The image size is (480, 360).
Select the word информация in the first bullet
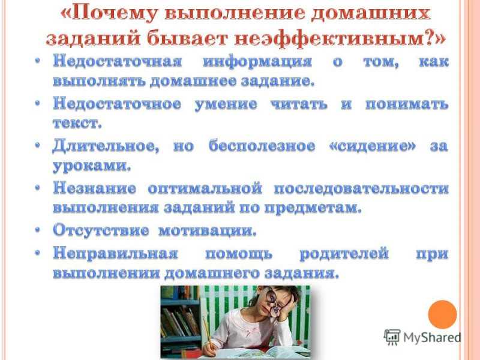(257, 62)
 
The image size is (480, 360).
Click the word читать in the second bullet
(299, 104)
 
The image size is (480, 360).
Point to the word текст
(77, 123)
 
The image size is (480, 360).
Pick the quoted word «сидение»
(373, 146)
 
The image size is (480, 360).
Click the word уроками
(92, 166)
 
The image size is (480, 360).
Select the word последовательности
(361, 188)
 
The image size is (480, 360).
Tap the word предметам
(313, 208)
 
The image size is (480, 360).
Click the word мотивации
(207, 230)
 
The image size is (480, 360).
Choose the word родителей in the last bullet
(344, 254)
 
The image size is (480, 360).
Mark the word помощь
(238, 254)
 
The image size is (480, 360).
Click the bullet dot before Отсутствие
(38, 230)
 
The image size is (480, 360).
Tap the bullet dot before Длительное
(38, 145)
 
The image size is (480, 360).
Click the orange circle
(442, 314)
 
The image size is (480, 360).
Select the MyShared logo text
(432, 338)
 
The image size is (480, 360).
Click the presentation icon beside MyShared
(392, 338)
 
